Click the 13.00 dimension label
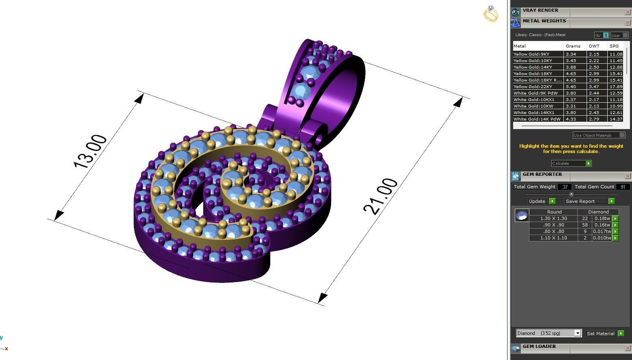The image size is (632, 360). [90, 151]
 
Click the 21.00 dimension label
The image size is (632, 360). [380, 196]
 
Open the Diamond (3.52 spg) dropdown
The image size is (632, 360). [548, 333]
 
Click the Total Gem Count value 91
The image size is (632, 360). [623, 187]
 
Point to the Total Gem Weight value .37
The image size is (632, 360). [564, 187]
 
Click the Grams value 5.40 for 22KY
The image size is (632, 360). [571, 86]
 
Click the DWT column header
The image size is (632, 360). [594, 46]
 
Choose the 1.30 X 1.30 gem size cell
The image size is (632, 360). [553, 218]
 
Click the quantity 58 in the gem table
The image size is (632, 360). [585, 225]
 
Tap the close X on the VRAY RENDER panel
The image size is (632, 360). [628, 12]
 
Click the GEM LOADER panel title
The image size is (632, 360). [539, 347]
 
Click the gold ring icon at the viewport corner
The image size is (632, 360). [491, 14]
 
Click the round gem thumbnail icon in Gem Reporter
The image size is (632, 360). [522, 215]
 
